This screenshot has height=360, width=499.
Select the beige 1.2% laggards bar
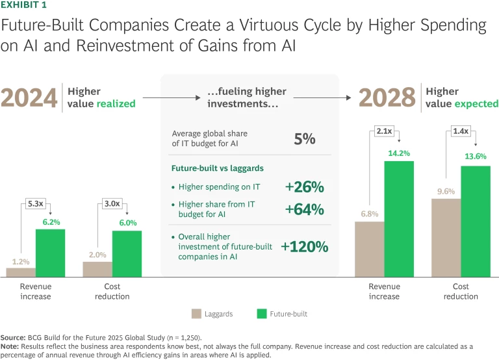coord(21,272)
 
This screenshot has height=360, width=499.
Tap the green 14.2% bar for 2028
coord(399,218)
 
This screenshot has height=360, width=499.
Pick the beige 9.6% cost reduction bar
coord(446,237)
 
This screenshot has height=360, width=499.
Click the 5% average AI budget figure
coord(304,138)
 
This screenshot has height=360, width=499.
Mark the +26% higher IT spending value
coord(303,187)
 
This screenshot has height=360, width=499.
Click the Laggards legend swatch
coord(197,314)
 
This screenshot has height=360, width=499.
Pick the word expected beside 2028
coord(477,104)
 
